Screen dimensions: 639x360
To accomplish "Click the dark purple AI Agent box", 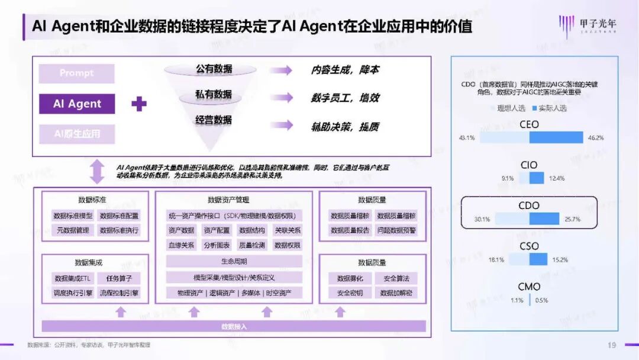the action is pyautogui.click(x=77, y=104).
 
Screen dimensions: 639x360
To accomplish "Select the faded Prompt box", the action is pyautogui.click(x=77, y=73).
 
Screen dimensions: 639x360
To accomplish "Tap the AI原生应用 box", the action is pyautogui.click(x=77, y=134).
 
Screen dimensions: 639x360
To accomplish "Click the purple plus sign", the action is pyautogui.click(x=138, y=104).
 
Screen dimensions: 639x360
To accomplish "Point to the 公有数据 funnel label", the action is pyautogui.click(x=214, y=69).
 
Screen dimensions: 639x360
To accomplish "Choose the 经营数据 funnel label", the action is pyautogui.click(x=214, y=120).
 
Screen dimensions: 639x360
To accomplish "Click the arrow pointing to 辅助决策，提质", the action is pyautogui.click(x=280, y=126).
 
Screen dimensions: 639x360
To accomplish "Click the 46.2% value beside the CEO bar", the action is pyautogui.click(x=595, y=138).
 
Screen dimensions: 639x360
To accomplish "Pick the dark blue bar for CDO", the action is pyautogui.click(x=544, y=219).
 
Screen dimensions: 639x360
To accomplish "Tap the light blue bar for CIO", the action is pyautogui.click(x=524, y=178).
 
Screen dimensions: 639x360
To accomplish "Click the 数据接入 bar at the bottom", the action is pyautogui.click(x=234, y=326).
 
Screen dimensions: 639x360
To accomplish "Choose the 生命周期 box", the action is pyautogui.click(x=234, y=261).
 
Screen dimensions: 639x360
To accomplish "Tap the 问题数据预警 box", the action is pyautogui.click(x=396, y=230).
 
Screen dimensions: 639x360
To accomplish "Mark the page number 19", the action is pyautogui.click(x=612, y=345).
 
